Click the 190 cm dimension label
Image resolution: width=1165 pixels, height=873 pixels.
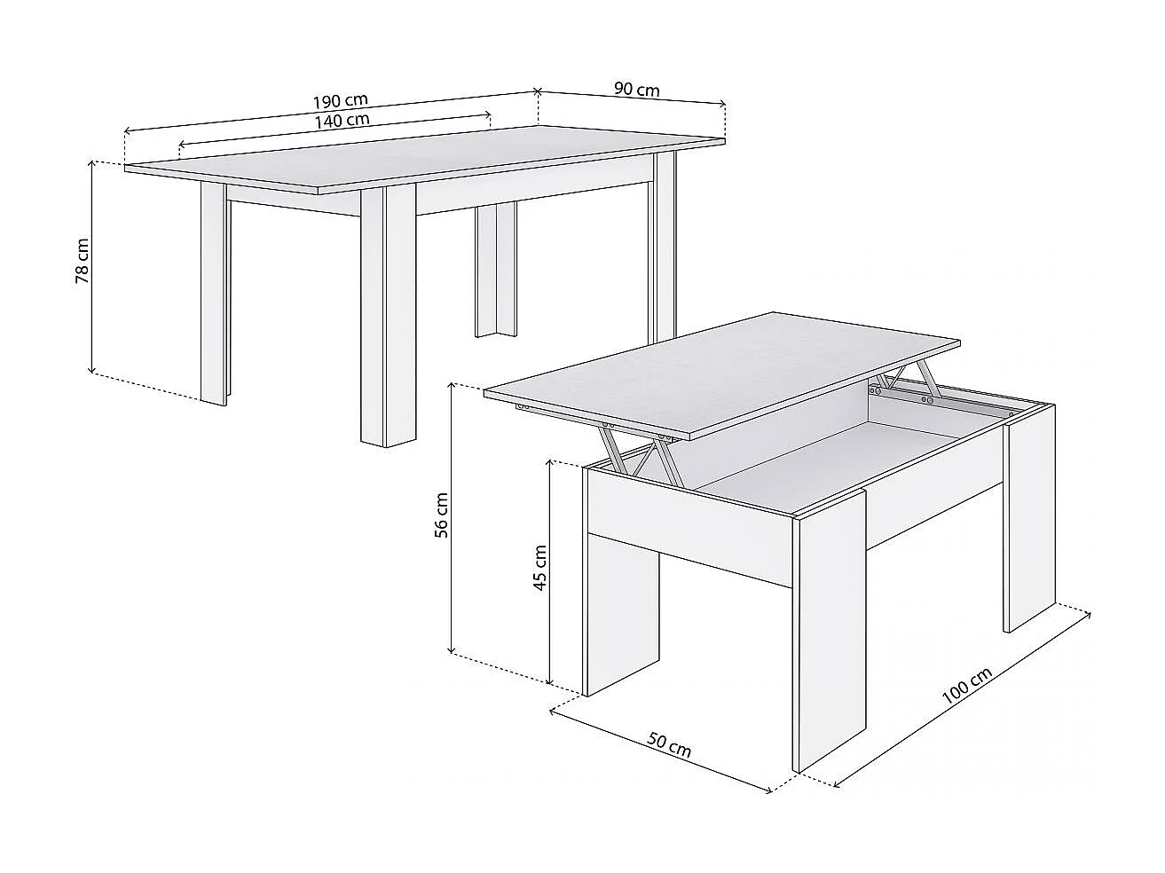(x=340, y=101)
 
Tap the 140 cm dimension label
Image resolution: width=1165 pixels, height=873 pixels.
(x=342, y=120)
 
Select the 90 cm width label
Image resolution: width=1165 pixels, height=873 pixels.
(x=636, y=90)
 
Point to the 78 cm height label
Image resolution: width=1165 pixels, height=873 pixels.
(x=83, y=261)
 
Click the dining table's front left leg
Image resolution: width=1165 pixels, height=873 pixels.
(x=213, y=293)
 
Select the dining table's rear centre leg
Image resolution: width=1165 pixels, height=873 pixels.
(x=495, y=270)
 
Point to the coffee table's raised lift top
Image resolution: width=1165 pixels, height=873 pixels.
(x=723, y=373)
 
